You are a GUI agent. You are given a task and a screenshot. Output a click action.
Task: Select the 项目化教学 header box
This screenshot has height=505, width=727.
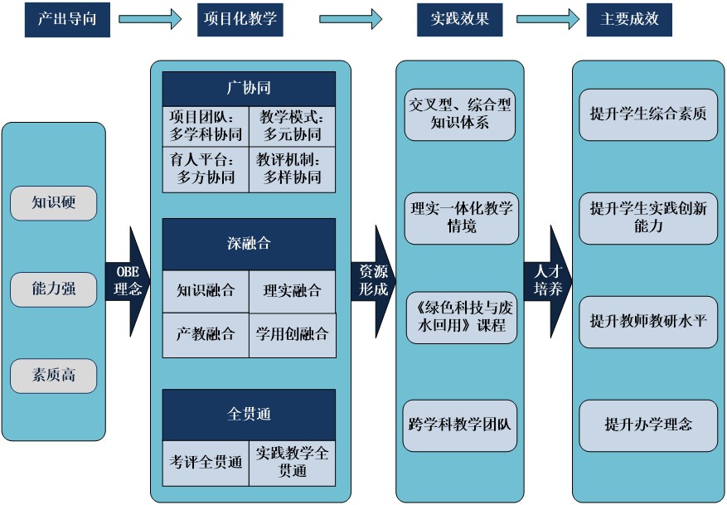coord(240,18)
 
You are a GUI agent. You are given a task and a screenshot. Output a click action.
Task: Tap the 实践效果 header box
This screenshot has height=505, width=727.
coord(459,18)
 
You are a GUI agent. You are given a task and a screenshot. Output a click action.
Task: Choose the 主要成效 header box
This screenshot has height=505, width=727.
coord(629,18)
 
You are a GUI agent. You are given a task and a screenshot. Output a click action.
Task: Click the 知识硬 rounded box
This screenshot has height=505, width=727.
coord(54,202)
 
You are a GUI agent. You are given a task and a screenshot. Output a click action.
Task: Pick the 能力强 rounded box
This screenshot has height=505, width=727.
coord(54,289)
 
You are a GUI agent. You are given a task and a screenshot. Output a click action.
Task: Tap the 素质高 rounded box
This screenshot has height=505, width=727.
coord(54,376)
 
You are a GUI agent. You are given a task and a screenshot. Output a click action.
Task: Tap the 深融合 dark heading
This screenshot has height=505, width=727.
coord(249,244)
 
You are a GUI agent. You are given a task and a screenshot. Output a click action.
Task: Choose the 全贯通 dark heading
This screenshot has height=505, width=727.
coord(249,414)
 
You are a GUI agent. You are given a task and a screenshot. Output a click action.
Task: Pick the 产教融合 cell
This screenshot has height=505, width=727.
coord(206,335)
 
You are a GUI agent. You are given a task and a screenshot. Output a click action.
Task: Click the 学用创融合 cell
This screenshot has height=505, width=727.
coord(293,335)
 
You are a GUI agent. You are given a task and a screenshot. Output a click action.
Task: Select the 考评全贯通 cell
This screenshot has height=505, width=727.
coord(206,462)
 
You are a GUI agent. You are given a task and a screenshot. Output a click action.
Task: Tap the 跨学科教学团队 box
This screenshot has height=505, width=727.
coord(460,424)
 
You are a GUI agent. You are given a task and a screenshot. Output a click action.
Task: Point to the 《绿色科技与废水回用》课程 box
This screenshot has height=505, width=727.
coord(460,317)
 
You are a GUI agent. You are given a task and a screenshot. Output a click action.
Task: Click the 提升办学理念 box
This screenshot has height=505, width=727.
coord(648,425)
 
